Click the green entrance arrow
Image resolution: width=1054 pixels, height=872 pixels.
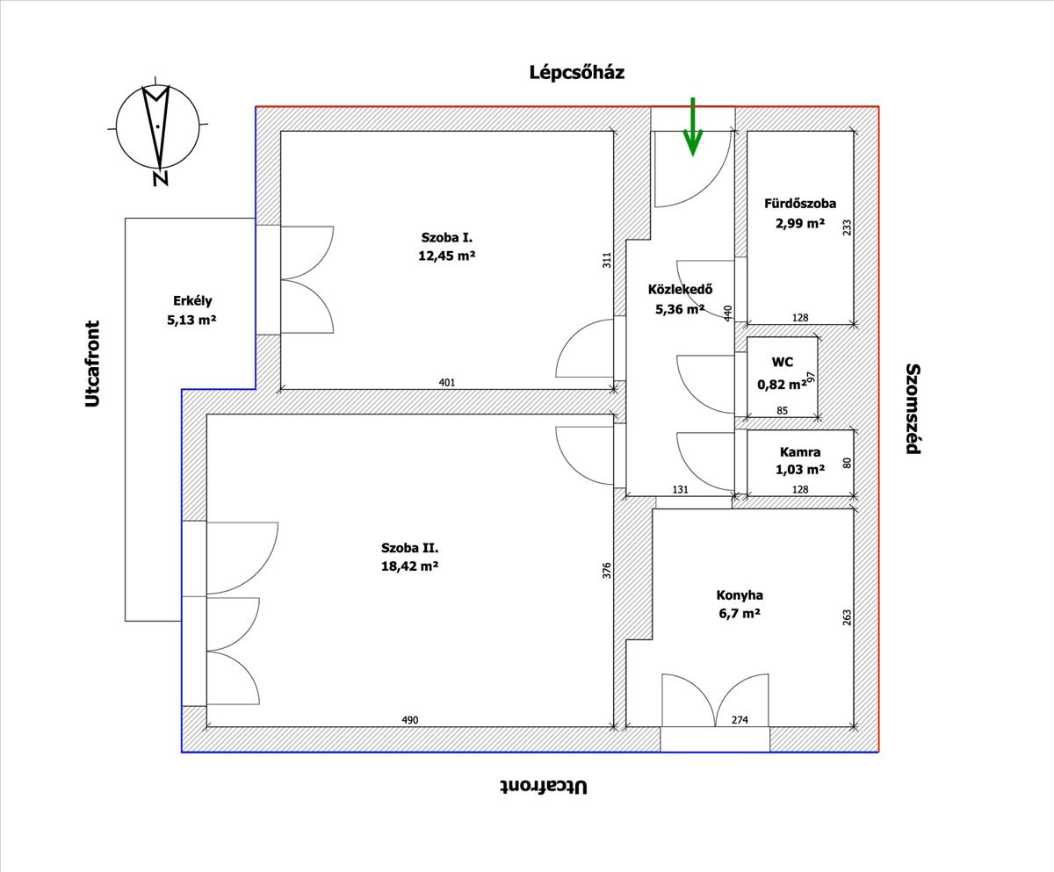tap(693, 126)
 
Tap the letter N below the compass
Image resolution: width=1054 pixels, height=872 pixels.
tap(161, 178)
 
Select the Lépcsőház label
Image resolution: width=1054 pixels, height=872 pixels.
tap(576, 73)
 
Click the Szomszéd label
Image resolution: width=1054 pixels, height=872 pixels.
tap(913, 408)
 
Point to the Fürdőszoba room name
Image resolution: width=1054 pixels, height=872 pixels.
tap(800, 204)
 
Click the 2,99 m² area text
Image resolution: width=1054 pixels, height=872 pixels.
tap(800, 223)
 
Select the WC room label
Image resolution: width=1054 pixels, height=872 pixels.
tap(782, 362)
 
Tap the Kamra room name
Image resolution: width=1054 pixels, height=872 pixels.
tap(800, 452)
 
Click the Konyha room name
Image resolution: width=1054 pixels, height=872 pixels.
tap(740, 595)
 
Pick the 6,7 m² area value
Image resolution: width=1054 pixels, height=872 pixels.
tap(740, 614)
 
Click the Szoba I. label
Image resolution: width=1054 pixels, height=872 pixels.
tap(447, 238)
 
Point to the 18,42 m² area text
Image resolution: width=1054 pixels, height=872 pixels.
tap(409, 566)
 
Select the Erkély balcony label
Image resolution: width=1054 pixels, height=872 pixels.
tap(192, 301)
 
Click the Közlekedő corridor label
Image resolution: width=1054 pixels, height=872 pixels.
tap(680, 290)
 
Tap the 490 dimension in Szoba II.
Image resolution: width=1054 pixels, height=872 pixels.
tap(410, 720)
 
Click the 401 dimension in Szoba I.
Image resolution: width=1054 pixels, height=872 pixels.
tap(447, 383)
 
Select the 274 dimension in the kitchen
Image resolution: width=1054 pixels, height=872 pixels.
tap(740, 720)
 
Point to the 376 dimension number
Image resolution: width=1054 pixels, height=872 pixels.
tap(607, 570)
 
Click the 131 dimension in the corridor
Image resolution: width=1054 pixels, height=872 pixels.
tap(680, 489)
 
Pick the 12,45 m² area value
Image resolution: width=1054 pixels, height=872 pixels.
tap(447, 256)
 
